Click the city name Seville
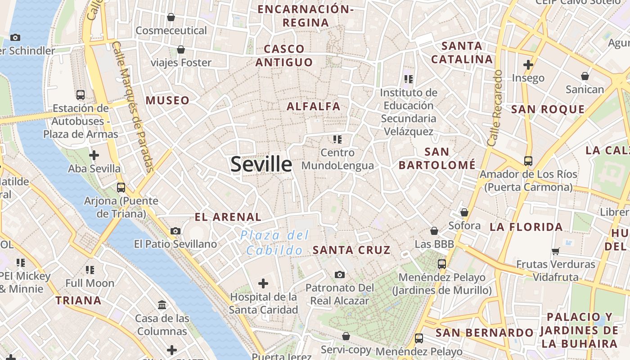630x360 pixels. pos(261,164)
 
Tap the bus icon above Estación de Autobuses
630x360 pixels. pos(81,94)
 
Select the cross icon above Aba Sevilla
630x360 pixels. pos(94,156)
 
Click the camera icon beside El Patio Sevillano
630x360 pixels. pos(175,231)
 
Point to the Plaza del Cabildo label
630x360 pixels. pos(274,243)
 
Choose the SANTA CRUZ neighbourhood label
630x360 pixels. pos(351,250)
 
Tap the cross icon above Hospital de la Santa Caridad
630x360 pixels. pos(263,283)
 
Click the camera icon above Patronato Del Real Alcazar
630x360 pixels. pos(340,274)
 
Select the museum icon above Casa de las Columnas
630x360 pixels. pos(162,305)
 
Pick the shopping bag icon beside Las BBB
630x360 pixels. pos(434,231)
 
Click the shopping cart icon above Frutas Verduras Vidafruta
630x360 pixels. pos(556,251)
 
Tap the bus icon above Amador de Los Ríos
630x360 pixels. pos(528,161)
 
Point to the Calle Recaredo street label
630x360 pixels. pos(496,108)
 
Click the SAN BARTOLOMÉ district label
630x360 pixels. pos(437,158)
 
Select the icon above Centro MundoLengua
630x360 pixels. pos(337,139)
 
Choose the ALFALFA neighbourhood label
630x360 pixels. pos(314,107)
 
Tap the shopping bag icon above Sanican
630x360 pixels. pos(585,76)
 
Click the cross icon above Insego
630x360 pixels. pos(528,65)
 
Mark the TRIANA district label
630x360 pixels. pos(78,301)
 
